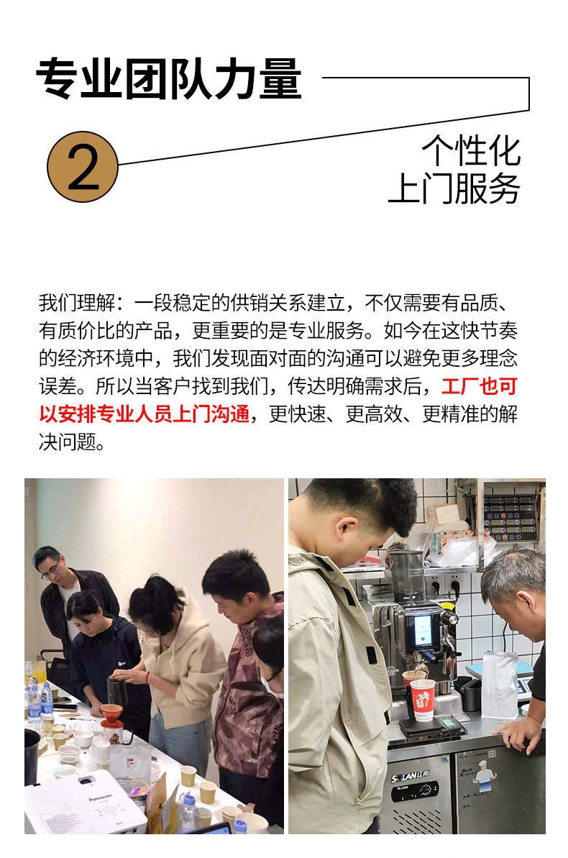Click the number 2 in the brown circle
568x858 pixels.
83,166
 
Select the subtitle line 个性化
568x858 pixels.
471,150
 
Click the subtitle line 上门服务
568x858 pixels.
454,188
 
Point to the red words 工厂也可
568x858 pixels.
479,386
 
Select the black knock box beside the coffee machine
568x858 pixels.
470,694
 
